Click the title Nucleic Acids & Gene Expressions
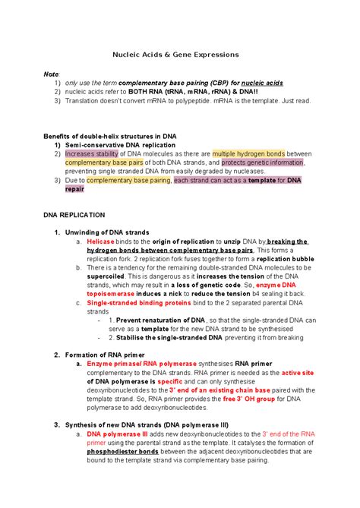175,55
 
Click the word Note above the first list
51,74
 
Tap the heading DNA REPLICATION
80,215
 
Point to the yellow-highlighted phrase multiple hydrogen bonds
248,153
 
